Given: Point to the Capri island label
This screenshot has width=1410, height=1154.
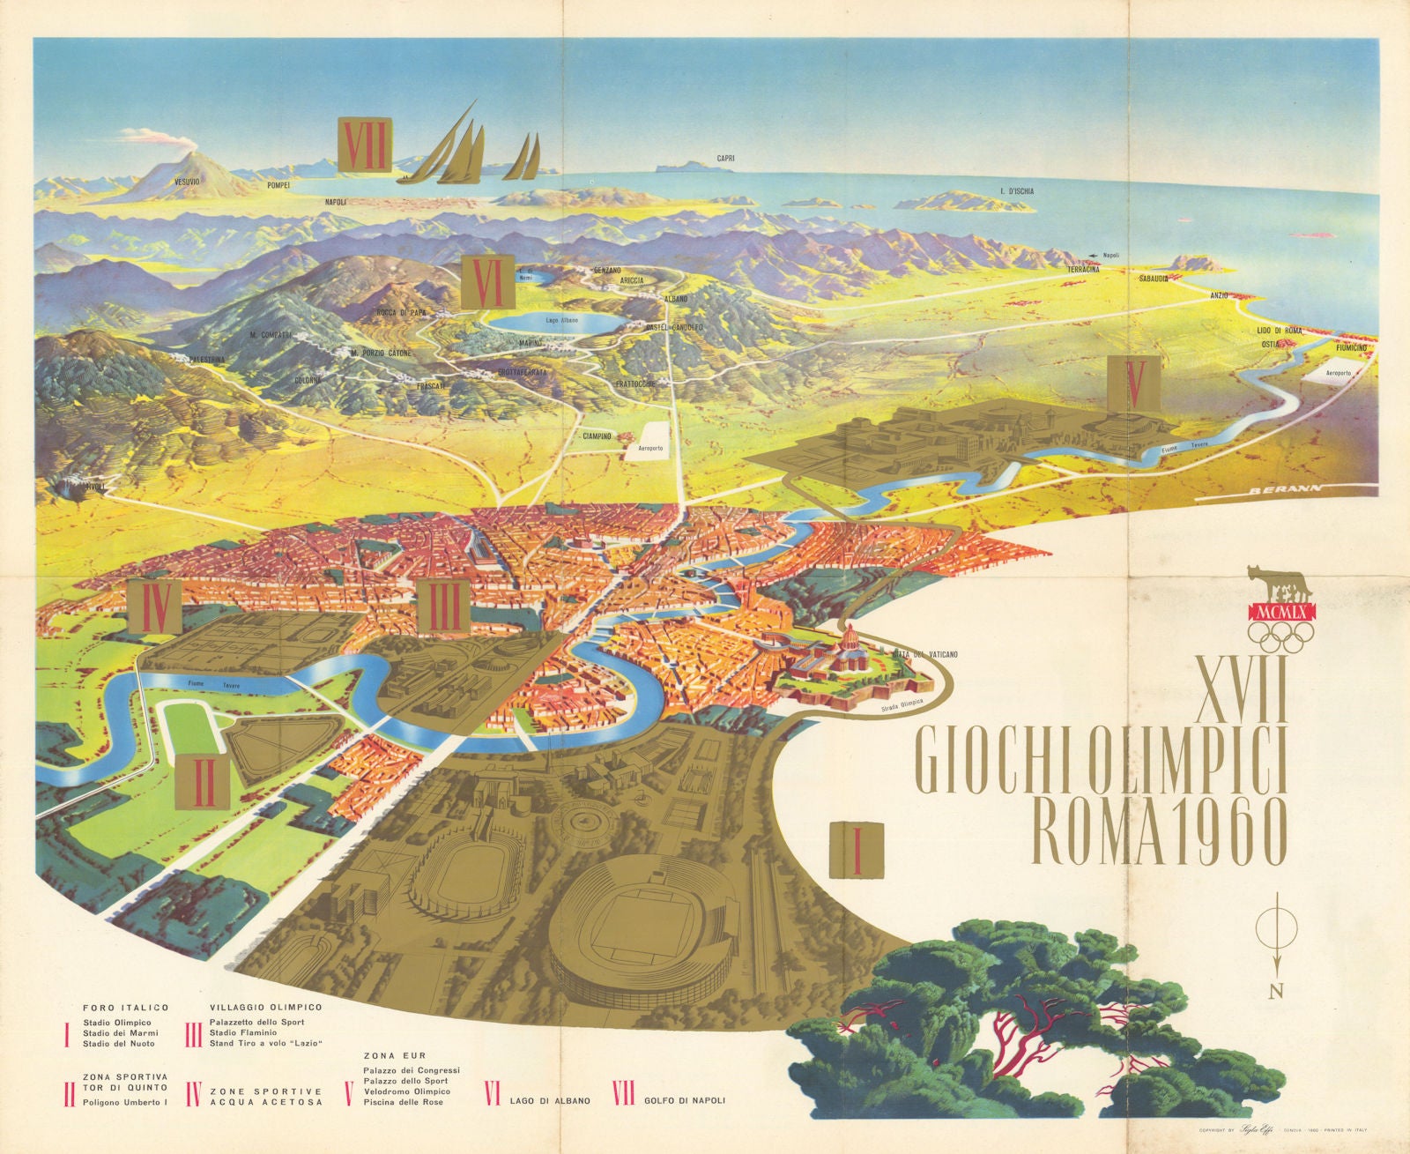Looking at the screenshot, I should pos(725,159).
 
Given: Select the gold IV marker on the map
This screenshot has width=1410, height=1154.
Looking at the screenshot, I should pos(155,607).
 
